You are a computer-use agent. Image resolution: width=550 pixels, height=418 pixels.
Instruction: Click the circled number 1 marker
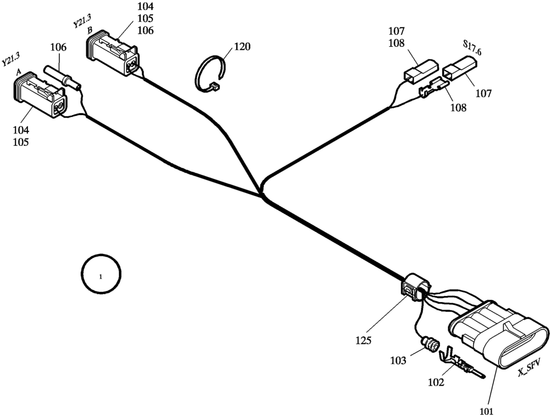(x=101, y=274)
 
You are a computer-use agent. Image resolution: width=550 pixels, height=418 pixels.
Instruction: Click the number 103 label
(x=398, y=361)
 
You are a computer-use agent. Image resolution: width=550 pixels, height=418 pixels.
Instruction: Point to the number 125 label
(x=362, y=340)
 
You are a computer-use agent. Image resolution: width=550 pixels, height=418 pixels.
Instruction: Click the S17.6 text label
(x=472, y=48)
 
